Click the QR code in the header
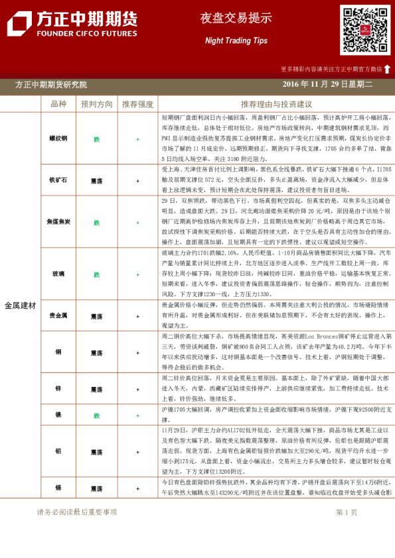pos(365,30)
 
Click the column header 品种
pos(58,104)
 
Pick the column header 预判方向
pos(97,104)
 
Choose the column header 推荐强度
pos(138,104)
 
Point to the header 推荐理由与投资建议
pos(276,104)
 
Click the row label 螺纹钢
pos(58,139)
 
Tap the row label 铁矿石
pos(58,180)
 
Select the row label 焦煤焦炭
pos(58,223)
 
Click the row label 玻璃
pos(58,274)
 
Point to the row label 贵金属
pos(58,317)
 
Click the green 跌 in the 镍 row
pos(97,416)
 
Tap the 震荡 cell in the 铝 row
pos(97,452)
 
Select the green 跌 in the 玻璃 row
pos(97,274)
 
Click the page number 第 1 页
pos(347,512)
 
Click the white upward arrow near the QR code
pos(387,68)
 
